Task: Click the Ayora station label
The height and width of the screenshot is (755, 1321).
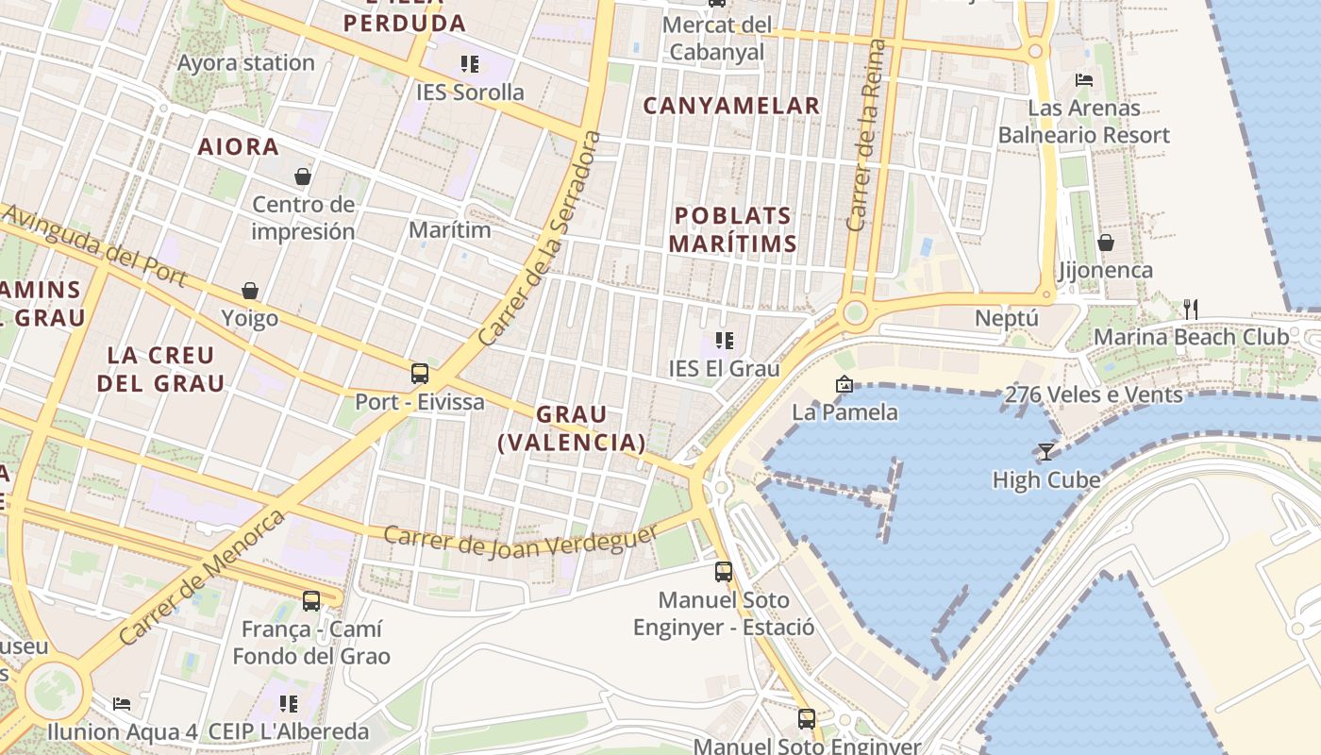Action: [x=246, y=63]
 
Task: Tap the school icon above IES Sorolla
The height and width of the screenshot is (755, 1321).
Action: [x=470, y=64]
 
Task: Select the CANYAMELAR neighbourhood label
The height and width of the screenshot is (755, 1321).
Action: [x=731, y=106]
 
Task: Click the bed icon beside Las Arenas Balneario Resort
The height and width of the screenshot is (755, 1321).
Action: [x=1084, y=80]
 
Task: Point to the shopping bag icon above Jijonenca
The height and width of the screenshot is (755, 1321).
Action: [x=1106, y=243]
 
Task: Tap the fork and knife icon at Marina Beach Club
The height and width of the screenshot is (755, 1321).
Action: [x=1191, y=309]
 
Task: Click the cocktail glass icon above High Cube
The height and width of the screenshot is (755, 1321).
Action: [x=1045, y=452]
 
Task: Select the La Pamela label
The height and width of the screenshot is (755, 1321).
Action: [x=844, y=411]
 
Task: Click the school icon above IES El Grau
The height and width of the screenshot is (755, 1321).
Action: [x=725, y=341]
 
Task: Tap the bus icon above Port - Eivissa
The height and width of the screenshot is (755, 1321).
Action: [x=420, y=374]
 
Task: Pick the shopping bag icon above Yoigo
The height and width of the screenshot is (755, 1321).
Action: [x=250, y=291]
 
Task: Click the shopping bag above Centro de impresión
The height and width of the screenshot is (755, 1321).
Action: [x=303, y=176]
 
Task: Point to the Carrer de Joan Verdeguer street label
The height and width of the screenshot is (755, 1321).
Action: [x=522, y=542]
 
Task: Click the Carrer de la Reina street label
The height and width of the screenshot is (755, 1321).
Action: [x=867, y=136]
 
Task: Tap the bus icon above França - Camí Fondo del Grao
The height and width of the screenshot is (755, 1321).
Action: [x=311, y=600]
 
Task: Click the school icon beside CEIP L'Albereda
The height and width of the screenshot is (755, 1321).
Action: [x=289, y=704]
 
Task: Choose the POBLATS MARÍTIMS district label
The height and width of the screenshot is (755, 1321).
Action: [x=732, y=229]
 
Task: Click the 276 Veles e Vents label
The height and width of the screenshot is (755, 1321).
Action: [x=1094, y=394]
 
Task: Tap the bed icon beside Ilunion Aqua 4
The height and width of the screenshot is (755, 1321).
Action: [x=122, y=704]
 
